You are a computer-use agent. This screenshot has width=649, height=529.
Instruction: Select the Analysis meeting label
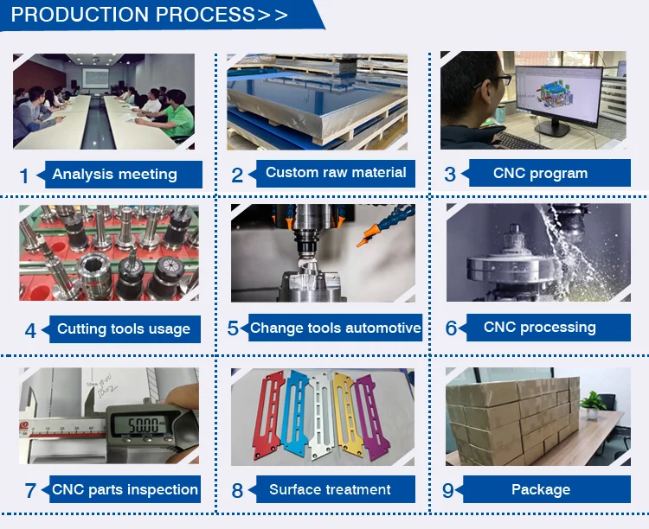pyautogui.click(x=114, y=174)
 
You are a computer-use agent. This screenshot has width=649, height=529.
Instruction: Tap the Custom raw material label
pyautogui.click(x=336, y=173)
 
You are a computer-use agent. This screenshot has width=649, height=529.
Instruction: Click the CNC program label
pyautogui.click(x=540, y=174)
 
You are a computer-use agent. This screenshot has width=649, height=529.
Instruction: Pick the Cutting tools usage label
pyautogui.click(x=123, y=328)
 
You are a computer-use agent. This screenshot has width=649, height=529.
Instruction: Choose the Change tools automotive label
pyautogui.click(x=336, y=328)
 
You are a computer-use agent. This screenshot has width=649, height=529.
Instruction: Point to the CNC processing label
pyautogui.click(x=539, y=328)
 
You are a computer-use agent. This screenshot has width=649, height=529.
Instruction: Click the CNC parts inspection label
pyautogui.click(x=125, y=489)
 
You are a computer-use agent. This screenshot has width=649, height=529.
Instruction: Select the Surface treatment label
pyautogui.click(x=330, y=489)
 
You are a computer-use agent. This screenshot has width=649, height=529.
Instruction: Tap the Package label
pyautogui.click(x=540, y=489)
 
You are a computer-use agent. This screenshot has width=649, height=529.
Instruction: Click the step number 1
pyautogui.click(x=24, y=175)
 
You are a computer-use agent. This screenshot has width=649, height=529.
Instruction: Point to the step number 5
pyautogui.click(x=233, y=329)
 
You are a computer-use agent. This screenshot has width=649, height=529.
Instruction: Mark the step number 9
pyautogui.click(x=447, y=491)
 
